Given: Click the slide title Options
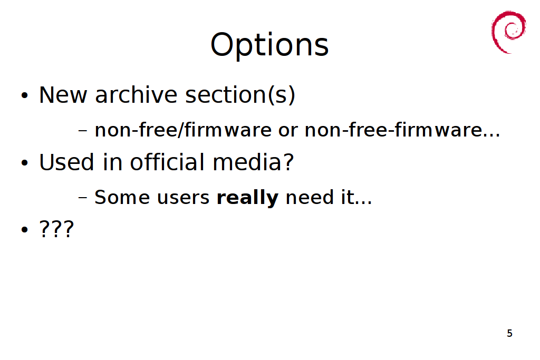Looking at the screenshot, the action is (269, 45).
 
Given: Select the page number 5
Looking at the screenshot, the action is (510, 333).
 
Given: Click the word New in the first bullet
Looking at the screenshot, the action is (63, 95).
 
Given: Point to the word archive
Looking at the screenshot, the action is (136, 95).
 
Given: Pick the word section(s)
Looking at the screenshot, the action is (240, 95).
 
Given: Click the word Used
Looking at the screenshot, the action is (66, 162).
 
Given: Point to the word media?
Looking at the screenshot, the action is (253, 162).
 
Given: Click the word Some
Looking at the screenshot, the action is (122, 197).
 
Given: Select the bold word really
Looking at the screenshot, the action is (247, 198).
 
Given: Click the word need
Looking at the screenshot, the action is (310, 197).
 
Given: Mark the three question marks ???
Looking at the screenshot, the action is (56, 229).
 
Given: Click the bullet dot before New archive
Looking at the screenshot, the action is (24, 95).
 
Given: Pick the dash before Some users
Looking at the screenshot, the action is (83, 198).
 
